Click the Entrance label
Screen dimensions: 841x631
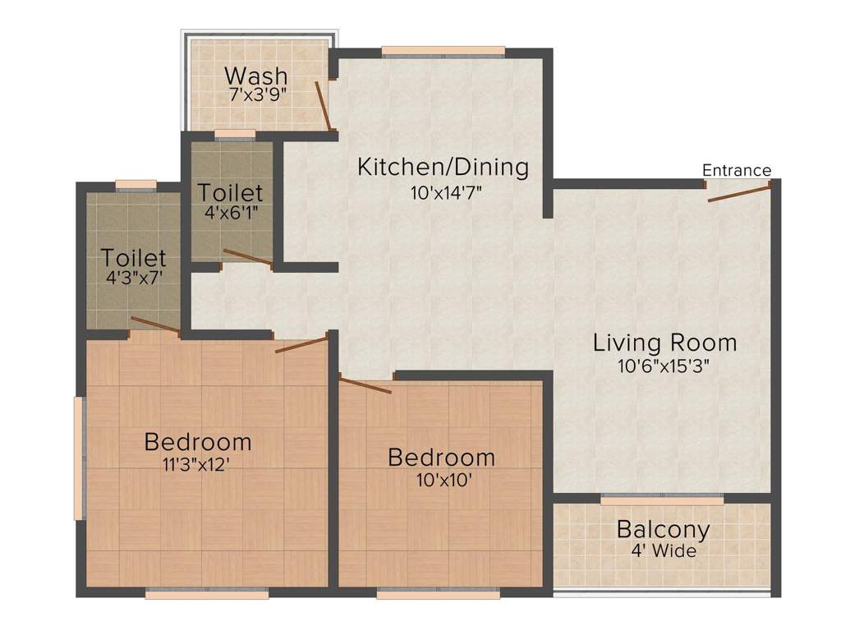pyautogui.click(x=737, y=170)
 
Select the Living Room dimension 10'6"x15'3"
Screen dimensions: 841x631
pyautogui.click(x=664, y=366)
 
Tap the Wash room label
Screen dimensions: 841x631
pyautogui.click(x=256, y=76)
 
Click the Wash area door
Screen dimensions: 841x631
pyautogui.click(x=324, y=106)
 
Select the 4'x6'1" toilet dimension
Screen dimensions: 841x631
pyautogui.click(x=231, y=213)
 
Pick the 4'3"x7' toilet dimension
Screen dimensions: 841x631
pyautogui.click(x=134, y=278)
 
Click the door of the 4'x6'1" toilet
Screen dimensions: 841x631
pyautogui.click(x=248, y=257)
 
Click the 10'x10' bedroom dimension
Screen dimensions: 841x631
pyautogui.click(x=444, y=480)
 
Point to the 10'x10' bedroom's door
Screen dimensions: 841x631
pyautogui.click(x=365, y=385)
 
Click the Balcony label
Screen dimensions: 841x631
pyautogui.click(x=664, y=529)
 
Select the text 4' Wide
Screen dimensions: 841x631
pyautogui.click(x=664, y=551)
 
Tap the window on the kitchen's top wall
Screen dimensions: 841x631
pyautogui.click(x=443, y=52)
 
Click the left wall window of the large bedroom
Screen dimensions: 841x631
pyautogui.click(x=80, y=458)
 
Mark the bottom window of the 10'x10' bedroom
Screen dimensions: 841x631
pyautogui.click(x=439, y=593)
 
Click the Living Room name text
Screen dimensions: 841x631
pyautogui.click(x=664, y=343)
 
